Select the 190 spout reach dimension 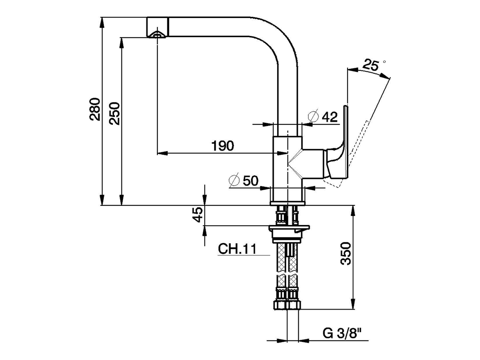pos(223,145)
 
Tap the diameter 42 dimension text pos(330,117)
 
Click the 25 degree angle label pos(370,66)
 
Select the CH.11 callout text pos(237,249)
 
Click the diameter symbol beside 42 pos(313,117)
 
